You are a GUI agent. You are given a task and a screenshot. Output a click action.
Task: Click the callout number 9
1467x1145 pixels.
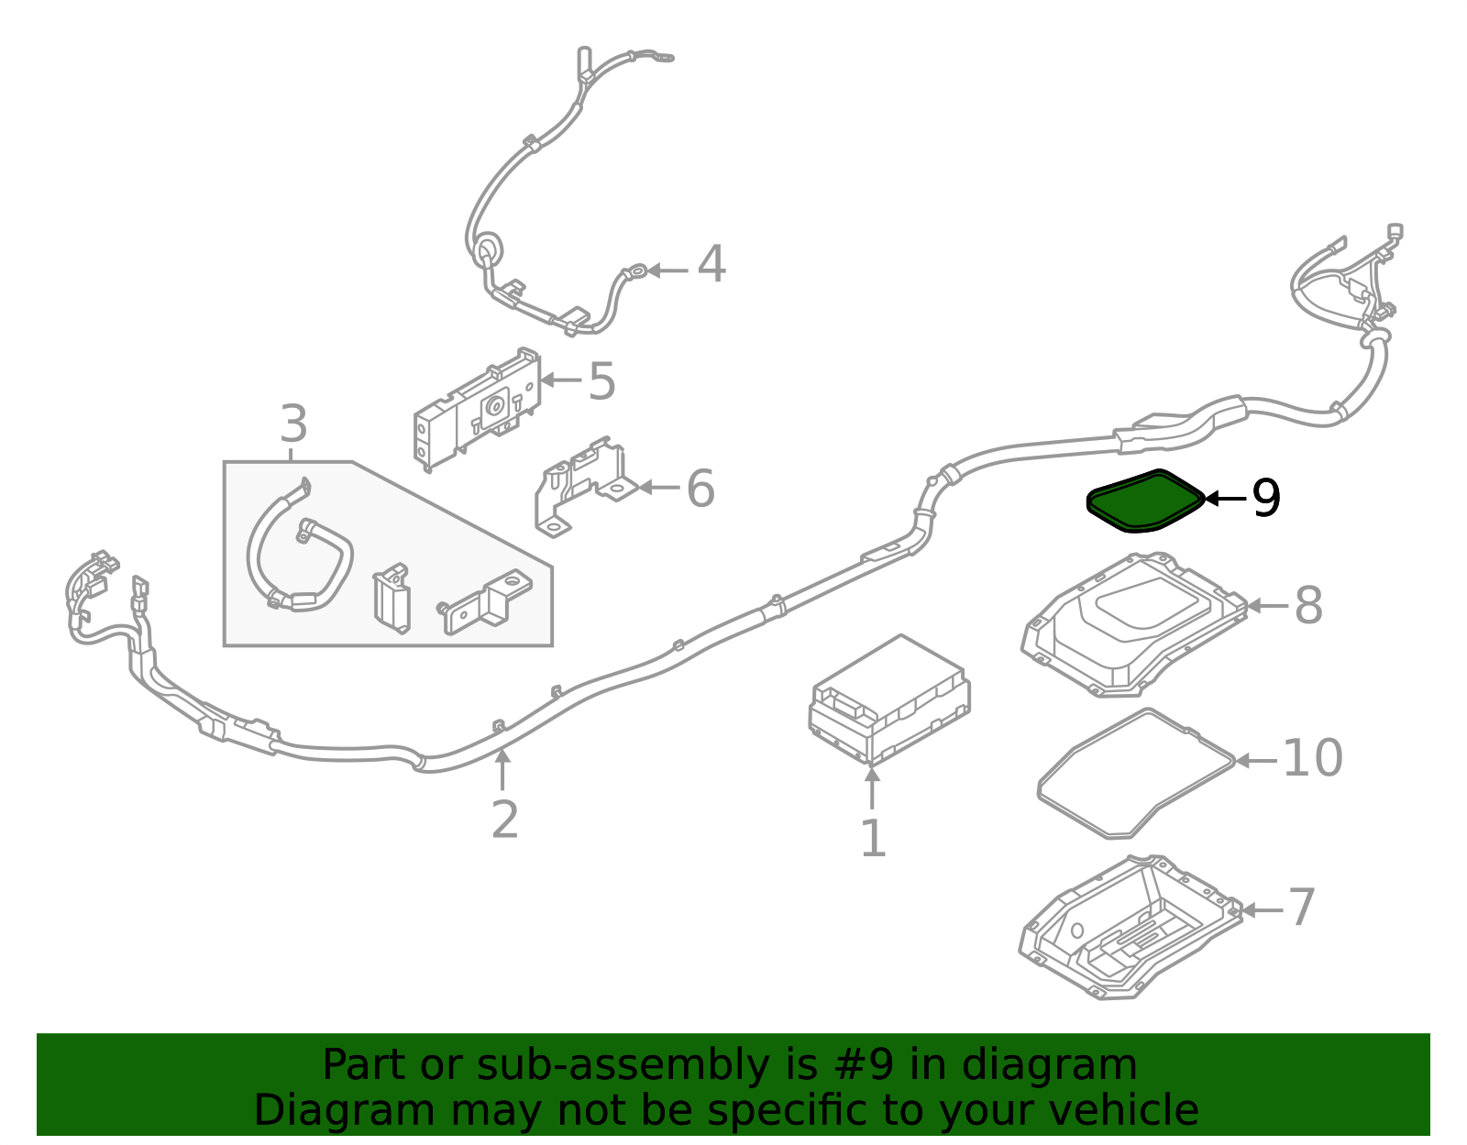click(1266, 498)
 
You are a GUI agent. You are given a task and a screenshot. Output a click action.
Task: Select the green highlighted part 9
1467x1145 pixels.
click(1145, 501)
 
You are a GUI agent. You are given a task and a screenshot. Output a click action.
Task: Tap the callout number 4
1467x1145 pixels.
click(711, 264)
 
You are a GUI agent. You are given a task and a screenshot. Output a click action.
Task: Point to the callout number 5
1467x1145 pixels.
click(602, 381)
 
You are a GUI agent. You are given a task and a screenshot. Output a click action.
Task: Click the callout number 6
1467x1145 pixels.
click(700, 489)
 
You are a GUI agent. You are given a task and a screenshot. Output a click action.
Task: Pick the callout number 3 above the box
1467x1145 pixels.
click(293, 424)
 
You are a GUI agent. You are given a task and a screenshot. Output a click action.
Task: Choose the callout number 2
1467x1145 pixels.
click(504, 820)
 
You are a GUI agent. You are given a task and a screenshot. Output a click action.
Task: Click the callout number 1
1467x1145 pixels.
click(873, 838)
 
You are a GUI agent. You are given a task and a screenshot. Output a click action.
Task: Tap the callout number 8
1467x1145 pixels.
click(1308, 605)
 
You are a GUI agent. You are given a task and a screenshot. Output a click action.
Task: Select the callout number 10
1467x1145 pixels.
click(1312, 758)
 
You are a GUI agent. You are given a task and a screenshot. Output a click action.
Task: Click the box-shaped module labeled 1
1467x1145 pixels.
click(889, 699)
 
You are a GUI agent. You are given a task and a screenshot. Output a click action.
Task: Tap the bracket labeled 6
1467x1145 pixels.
click(585, 487)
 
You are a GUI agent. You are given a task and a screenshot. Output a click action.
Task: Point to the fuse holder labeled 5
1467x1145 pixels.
click(478, 409)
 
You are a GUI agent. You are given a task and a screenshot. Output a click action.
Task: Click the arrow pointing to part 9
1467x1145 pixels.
click(1225, 499)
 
